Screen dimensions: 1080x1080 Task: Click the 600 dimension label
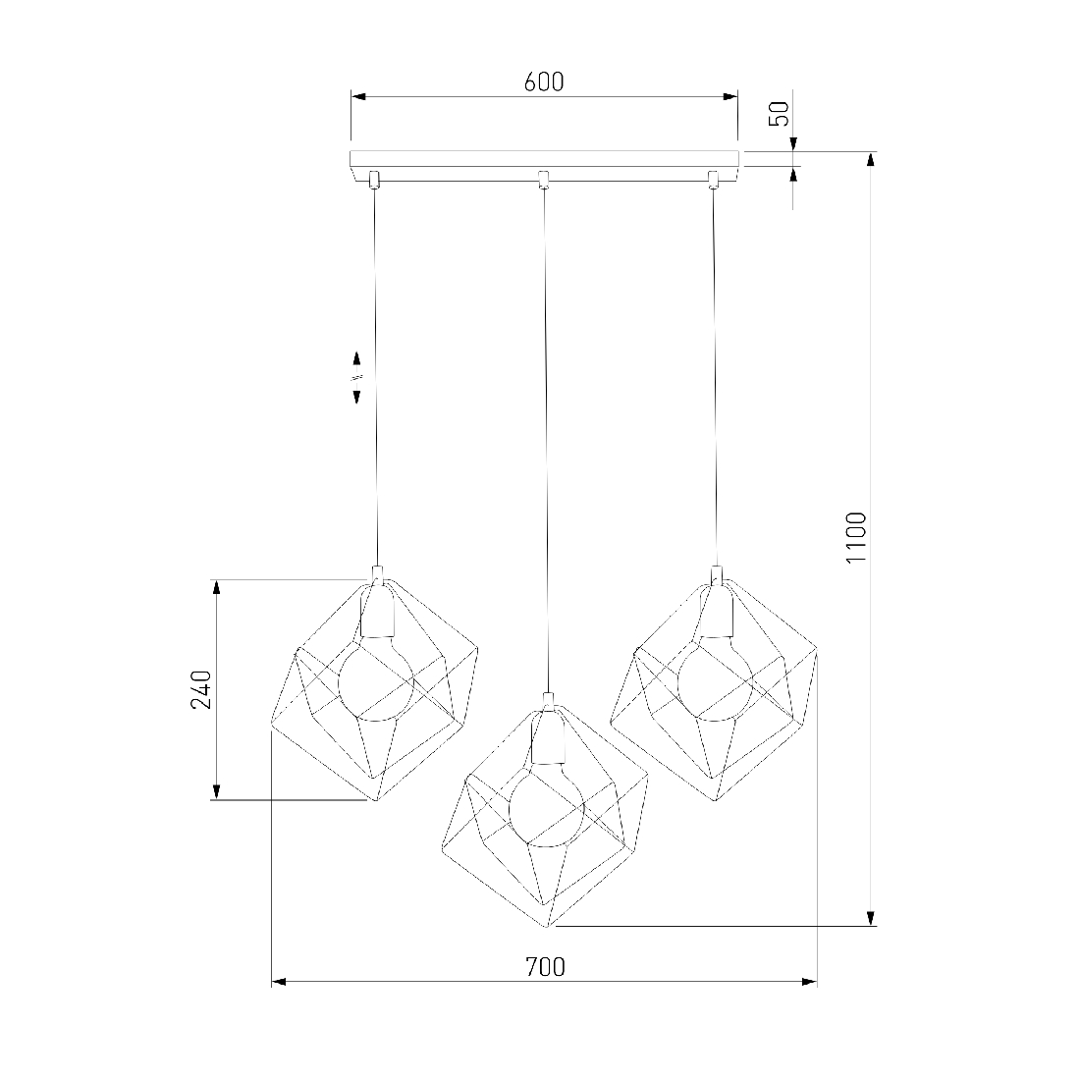544,81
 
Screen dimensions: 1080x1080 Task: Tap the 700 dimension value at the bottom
545,967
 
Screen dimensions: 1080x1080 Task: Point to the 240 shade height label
201,689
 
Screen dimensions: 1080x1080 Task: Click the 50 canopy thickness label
779,114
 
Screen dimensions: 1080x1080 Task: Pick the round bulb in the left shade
375,683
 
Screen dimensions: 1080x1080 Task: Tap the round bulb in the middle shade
546,808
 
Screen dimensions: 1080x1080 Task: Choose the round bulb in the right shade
716,684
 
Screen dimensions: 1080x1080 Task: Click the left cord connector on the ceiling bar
373,179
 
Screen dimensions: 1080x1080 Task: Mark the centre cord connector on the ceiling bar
543,179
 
